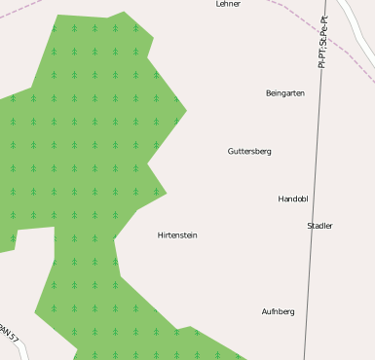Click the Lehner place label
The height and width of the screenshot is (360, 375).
(227, 4)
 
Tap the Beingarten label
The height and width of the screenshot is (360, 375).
(284, 93)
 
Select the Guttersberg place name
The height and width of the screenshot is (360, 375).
(249, 152)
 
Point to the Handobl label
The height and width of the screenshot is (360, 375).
(292, 199)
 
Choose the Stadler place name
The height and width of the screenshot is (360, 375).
(319, 226)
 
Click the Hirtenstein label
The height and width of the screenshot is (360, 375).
(177, 235)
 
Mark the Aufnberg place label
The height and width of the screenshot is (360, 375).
(278, 312)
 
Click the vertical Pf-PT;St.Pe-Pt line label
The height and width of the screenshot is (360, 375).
(323, 41)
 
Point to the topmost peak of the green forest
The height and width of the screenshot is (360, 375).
(124, 13)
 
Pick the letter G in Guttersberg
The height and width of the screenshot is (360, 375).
(231, 152)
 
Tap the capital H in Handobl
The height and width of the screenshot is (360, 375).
(281, 199)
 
